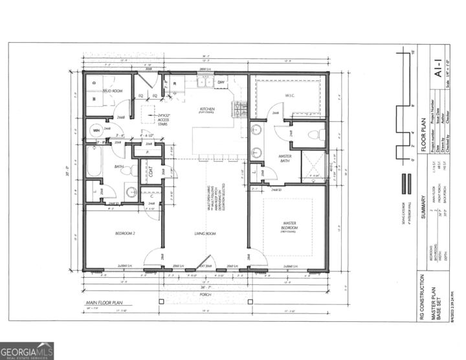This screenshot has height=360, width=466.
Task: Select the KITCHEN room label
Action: [207, 109]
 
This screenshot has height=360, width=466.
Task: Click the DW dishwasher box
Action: [220, 82]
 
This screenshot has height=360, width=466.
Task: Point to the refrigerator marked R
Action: [175, 84]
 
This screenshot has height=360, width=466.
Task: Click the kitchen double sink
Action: [205, 82]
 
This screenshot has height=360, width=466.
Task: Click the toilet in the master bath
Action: [314, 135]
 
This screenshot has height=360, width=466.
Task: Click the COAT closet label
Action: [150, 172]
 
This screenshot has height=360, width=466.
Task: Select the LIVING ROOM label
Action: [205, 234]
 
